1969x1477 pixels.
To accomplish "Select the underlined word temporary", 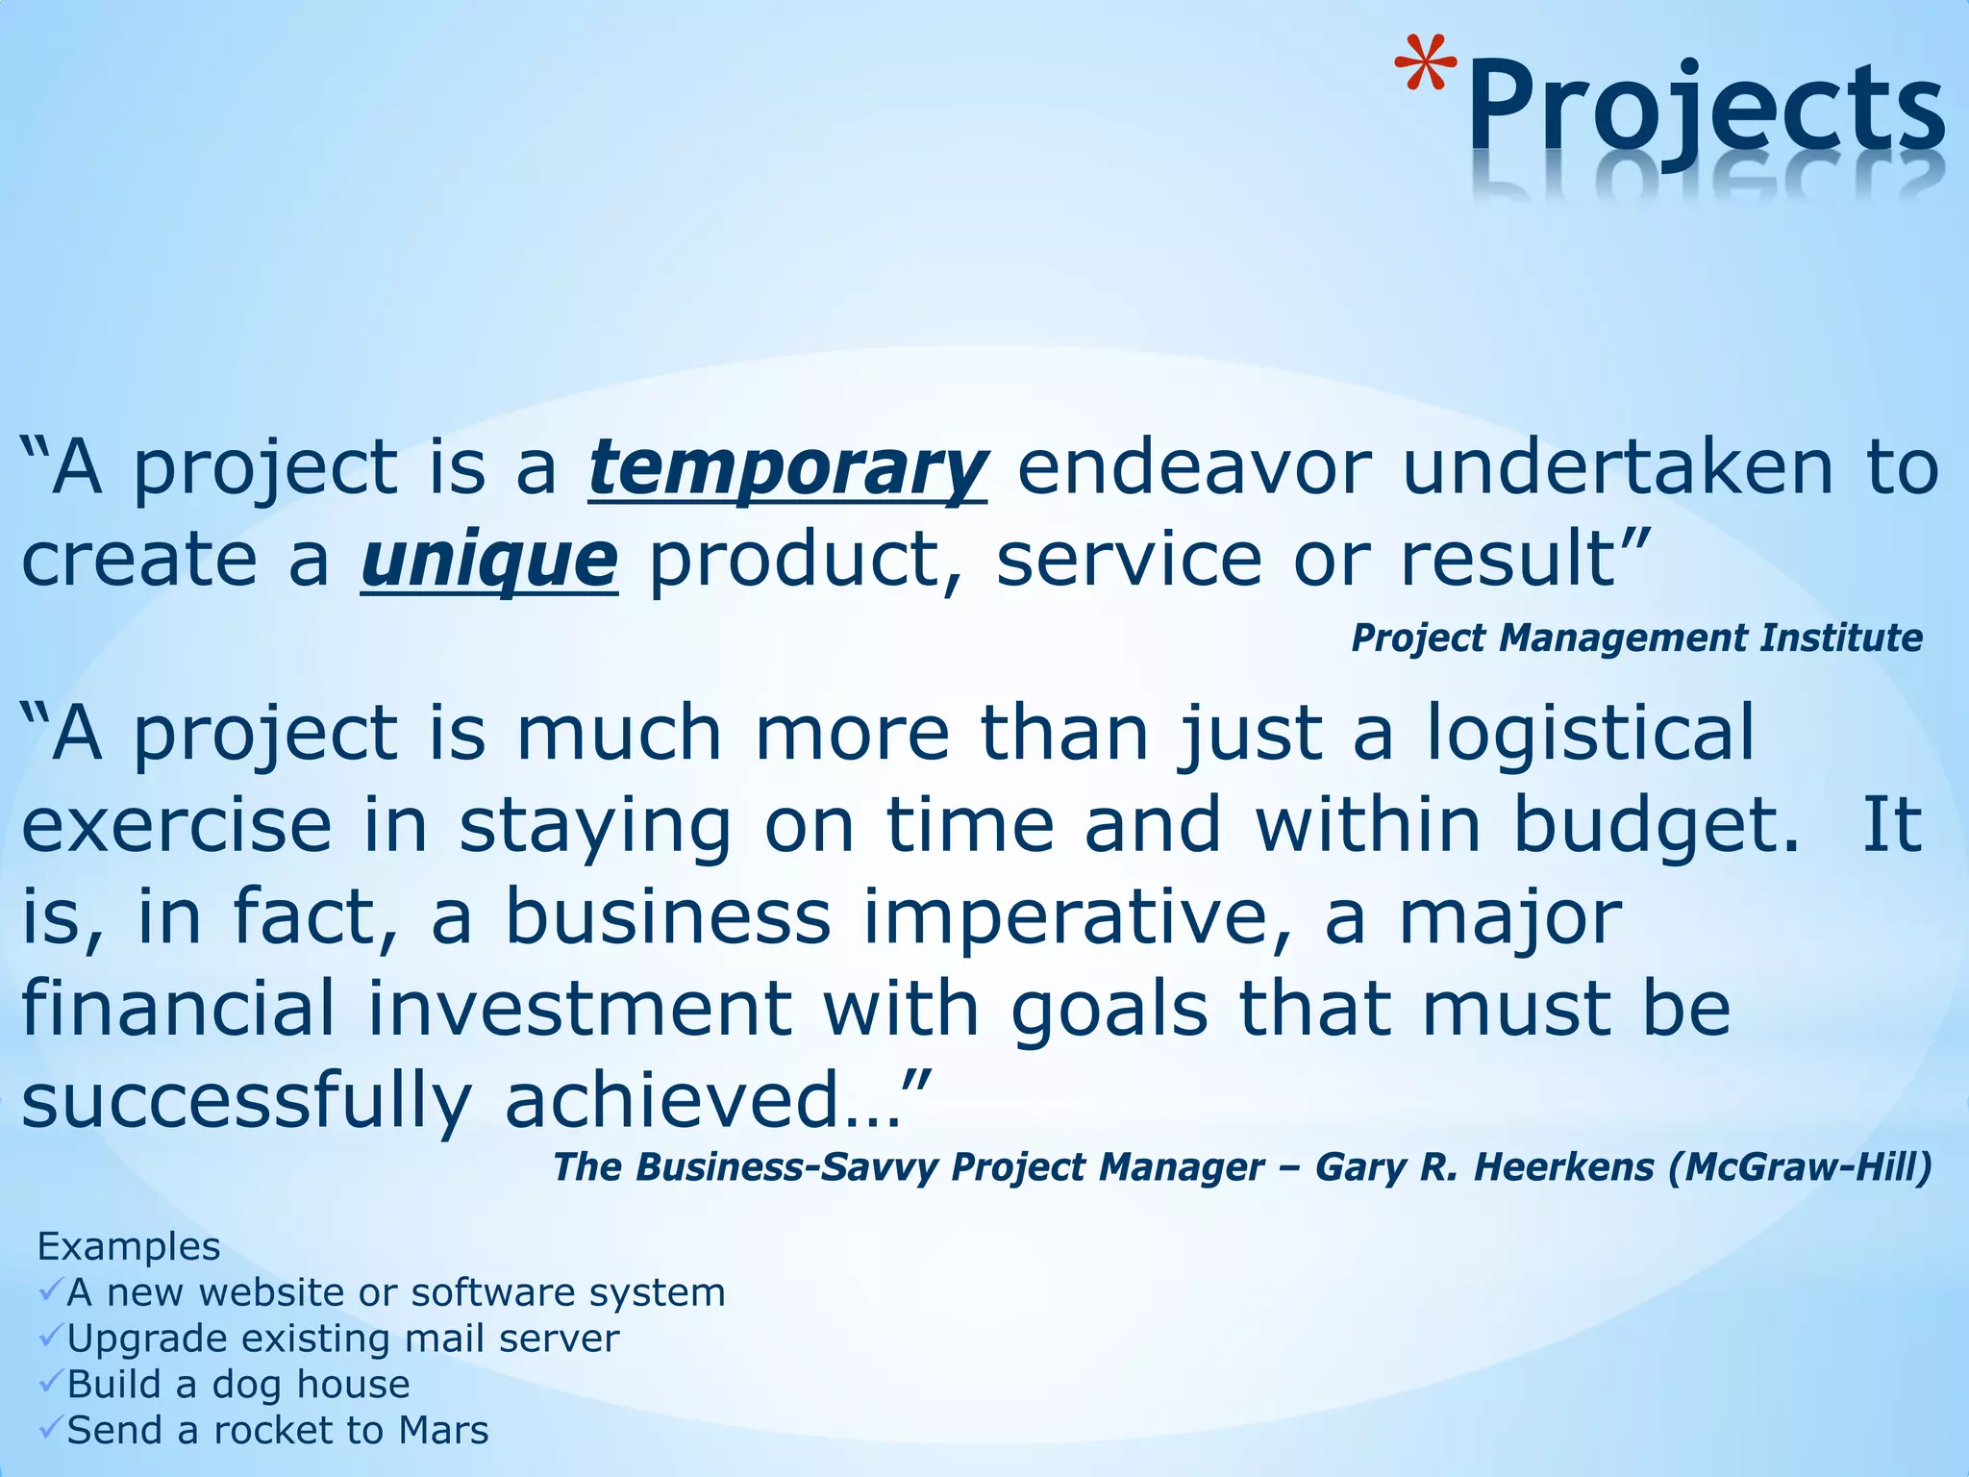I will click(x=787, y=468).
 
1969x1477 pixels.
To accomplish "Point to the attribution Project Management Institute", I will click(x=1636, y=638).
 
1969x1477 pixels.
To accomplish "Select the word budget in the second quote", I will click(x=1656, y=825).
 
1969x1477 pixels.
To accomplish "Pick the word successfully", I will click(x=246, y=1101).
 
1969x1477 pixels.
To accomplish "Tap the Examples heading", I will click(x=129, y=1246).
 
